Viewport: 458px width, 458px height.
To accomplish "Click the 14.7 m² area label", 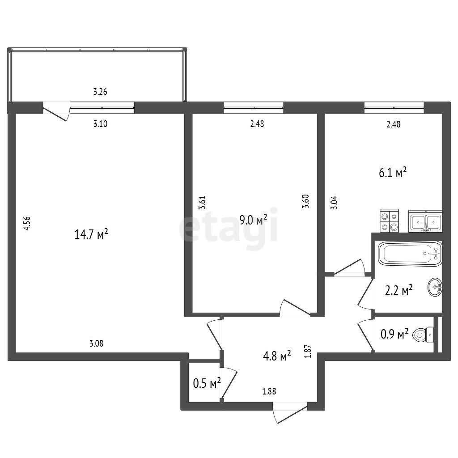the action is pyautogui.click(x=91, y=234).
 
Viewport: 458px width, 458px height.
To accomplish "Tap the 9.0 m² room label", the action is pyautogui.click(x=253, y=219).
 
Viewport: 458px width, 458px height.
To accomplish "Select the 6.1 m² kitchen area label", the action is pyautogui.click(x=393, y=173).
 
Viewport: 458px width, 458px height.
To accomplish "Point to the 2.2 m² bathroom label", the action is pyautogui.click(x=399, y=291).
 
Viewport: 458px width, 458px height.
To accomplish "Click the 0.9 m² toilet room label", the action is pyautogui.click(x=394, y=334).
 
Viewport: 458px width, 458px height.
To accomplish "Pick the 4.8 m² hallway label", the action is pyautogui.click(x=277, y=356).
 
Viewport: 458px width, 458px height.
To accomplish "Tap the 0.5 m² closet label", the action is pyautogui.click(x=207, y=383).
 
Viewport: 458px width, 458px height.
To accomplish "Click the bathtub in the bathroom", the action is pyautogui.click(x=410, y=254).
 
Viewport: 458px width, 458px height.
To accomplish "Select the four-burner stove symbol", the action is pyautogui.click(x=390, y=221).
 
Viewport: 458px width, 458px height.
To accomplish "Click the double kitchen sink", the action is pyautogui.click(x=425, y=221).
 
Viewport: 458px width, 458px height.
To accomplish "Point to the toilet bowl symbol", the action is pyautogui.click(x=423, y=335).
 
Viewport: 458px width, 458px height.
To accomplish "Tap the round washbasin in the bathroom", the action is pyautogui.click(x=435, y=287).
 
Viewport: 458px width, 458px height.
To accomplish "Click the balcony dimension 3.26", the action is pyautogui.click(x=100, y=92).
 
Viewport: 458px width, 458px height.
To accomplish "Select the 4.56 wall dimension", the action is pyautogui.click(x=27, y=224).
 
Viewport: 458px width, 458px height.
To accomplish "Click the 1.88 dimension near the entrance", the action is pyautogui.click(x=269, y=391).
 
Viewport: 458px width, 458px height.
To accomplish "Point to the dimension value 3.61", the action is pyautogui.click(x=202, y=202).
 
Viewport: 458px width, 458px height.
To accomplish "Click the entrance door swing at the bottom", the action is pyautogui.click(x=290, y=413).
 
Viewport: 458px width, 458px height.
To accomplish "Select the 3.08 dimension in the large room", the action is pyautogui.click(x=96, y=343).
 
